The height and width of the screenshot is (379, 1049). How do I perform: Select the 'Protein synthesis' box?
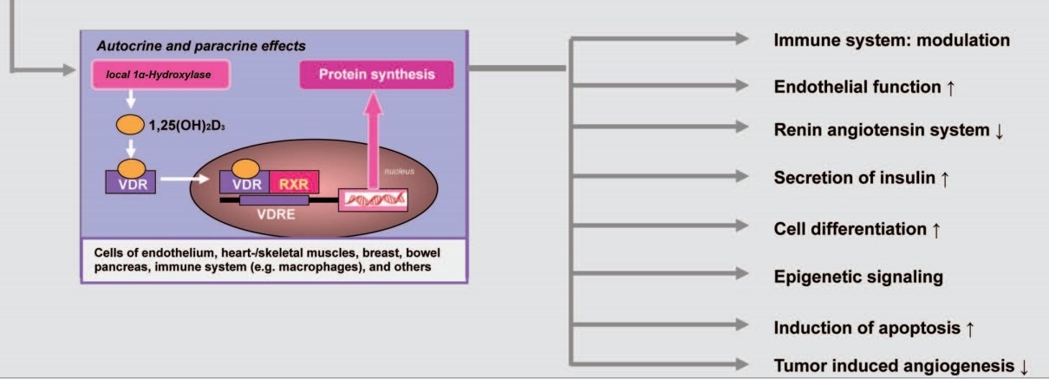pos(376,75)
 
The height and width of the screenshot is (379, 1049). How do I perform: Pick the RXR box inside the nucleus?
pos(294,181)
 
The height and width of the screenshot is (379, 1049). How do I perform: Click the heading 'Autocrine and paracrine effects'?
pos(201,45)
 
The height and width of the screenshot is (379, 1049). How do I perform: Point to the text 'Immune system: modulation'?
pos(891,41)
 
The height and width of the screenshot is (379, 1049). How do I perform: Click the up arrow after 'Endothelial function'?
pos(951,88)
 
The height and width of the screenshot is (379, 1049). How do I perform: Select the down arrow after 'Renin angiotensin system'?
pos(1000,131)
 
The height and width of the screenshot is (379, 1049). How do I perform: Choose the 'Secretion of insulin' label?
pos(854,178)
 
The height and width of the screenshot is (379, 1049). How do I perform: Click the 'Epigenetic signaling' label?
pos(857,278)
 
